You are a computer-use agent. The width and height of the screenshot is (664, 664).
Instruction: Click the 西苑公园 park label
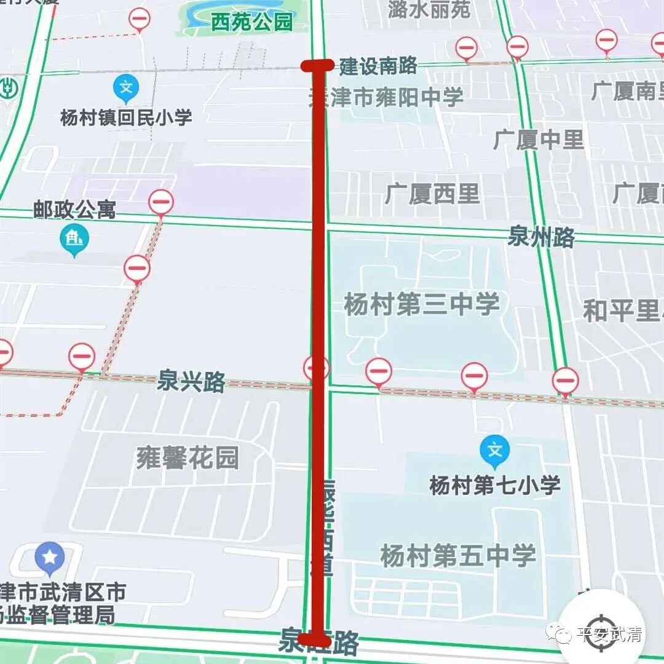coord(252,23)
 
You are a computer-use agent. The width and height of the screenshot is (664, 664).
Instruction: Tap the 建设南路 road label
coord(378,66)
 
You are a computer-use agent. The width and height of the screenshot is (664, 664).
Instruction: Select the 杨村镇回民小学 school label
coord(126,117)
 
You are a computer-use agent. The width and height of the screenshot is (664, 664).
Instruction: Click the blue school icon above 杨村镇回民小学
coord(126,89)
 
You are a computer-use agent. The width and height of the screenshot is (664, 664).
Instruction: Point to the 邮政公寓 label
coord(75,210)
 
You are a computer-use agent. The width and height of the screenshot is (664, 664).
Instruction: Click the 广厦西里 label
coord(432,194)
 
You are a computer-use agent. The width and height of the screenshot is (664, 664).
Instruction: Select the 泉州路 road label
coord(541,236)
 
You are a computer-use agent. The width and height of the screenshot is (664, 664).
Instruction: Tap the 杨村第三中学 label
coord(422,304)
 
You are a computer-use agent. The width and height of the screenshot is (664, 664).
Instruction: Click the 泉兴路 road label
coord(191,381)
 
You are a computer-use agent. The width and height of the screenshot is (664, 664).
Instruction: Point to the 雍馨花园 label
coord(188,458)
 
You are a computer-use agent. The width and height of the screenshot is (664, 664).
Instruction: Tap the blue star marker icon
coord(50,558)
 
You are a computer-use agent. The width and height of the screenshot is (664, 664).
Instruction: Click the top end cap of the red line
coord(317,66)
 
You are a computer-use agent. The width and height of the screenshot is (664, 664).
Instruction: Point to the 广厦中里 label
coord(538,140)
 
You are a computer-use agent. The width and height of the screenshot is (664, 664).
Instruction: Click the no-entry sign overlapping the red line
coord(317,368)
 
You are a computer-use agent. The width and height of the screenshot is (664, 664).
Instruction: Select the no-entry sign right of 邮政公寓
coord(161,202)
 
